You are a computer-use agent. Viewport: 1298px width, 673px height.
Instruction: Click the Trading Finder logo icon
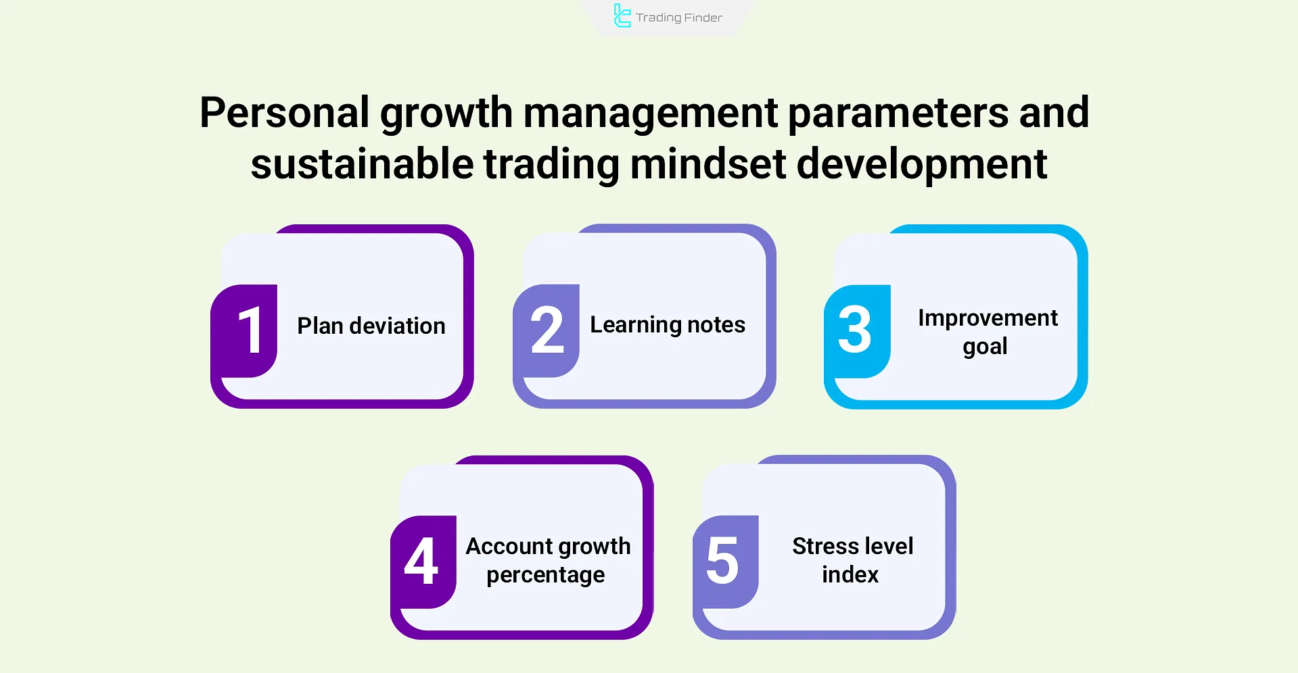click(622, 16)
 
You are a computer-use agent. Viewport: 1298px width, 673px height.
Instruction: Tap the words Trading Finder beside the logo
click(679, 18)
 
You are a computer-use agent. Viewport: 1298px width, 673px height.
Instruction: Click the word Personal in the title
click(285, 112)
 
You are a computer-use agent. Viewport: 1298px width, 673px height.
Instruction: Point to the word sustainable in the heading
click(362, 164)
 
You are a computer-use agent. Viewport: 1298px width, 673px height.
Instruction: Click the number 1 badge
click(244, 330)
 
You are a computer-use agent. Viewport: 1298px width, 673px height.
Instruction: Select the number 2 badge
click(547, 330)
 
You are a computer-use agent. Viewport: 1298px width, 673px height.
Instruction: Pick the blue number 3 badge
click(857, 330)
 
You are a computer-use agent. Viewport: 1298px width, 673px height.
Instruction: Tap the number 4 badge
click(423, 562)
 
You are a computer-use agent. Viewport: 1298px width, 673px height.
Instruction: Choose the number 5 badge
click(726, 562)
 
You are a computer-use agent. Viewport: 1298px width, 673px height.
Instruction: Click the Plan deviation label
click(371, 326)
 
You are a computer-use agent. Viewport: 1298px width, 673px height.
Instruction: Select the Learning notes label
click(668, 325)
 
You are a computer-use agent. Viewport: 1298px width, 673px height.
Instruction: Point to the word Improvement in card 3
click(988, 318)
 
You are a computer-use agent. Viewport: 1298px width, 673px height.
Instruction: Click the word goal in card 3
click(986, 347)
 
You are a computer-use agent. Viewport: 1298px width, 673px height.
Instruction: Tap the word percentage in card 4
click(546, 576)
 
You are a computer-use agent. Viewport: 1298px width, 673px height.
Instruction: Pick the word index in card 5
click(850, 574)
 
